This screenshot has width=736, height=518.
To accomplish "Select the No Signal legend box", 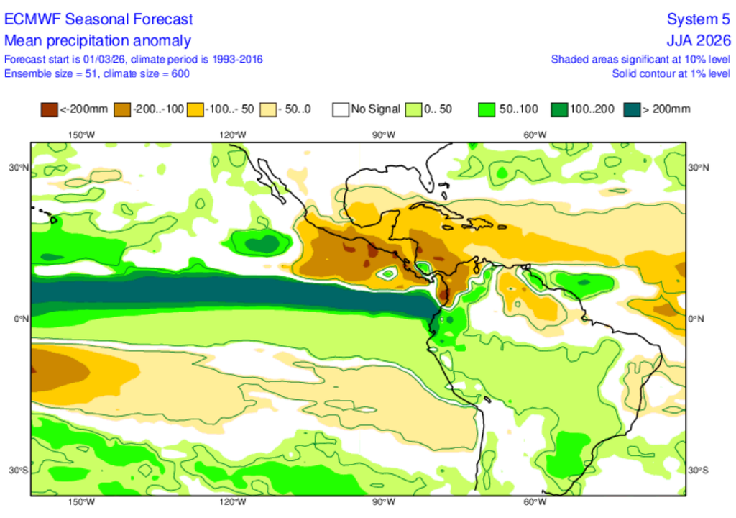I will click(x=340, y=109).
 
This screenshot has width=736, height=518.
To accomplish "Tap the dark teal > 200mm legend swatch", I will click(x=631, y=109).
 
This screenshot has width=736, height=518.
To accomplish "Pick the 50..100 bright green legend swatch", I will click(x=486, y=109).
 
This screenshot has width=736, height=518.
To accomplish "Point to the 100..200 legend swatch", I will click(x=558, y=109).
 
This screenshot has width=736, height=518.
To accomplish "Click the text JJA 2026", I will click(x=699, y=40).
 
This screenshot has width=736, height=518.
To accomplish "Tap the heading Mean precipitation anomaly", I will click(x=98, y=40).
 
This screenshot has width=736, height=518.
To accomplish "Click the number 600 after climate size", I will click(x=181, y=73).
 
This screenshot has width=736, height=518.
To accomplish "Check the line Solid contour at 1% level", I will click(x=671, y=73).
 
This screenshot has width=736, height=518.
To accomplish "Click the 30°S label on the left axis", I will click(x=19, y=470).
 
